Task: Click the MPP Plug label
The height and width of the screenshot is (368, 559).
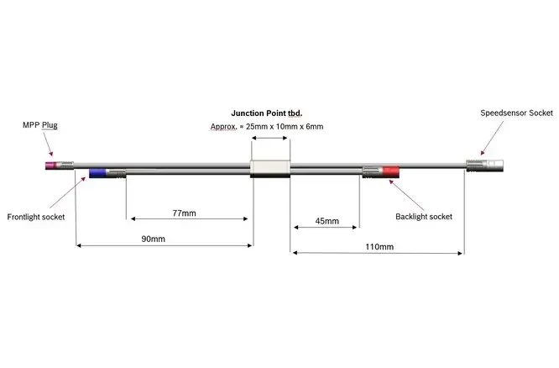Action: pos(40,125)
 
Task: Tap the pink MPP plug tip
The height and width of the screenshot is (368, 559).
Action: pos(50,166)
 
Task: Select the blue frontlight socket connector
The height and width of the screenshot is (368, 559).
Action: pos(97,173)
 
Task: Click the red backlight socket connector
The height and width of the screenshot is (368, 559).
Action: pos(391,171)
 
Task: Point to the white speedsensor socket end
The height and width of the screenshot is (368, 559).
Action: pos(494,166)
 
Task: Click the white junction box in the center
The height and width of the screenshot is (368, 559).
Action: pos(270,169)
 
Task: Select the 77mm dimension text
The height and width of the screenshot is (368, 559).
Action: pos(184,213)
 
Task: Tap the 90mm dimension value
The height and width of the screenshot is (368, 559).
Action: pos(154,239)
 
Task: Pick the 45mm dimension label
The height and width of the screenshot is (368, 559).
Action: pos(327,221)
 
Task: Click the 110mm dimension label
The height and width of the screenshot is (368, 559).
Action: pos(379,247)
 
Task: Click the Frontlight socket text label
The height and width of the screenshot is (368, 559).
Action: pos(36,217)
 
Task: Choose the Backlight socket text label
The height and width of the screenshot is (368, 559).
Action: pos(424,217)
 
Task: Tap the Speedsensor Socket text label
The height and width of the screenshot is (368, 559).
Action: pos(516,113)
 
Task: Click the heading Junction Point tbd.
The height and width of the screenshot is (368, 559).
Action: pos(267,113)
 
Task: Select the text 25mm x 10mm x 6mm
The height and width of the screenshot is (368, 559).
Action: pos(285,126)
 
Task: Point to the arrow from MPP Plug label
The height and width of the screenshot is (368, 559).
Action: pos(48,145)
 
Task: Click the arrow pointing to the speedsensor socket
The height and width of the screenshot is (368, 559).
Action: pos(492,138)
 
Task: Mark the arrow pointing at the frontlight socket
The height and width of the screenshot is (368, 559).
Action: pos(68,192)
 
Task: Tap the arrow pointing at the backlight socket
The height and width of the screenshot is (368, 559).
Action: pos(407,195)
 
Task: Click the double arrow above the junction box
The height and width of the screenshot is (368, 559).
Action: pos(269,138)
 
